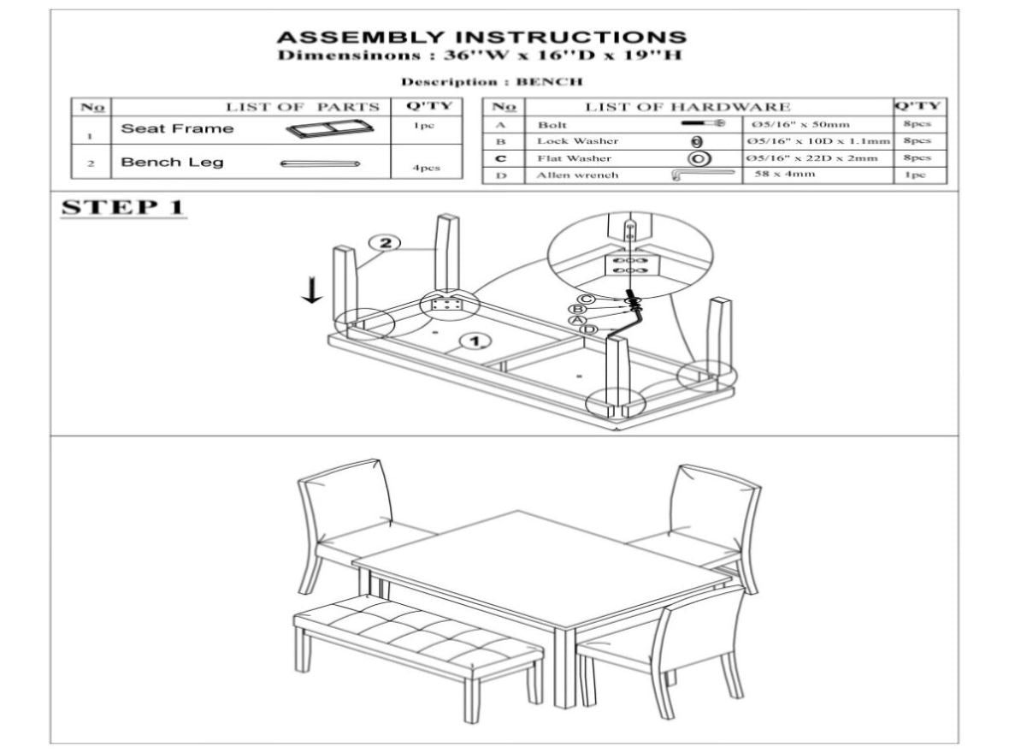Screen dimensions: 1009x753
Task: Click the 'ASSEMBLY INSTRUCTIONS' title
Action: click(x=481, y=38)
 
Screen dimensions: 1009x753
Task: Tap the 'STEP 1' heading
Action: click(x=123, y=207)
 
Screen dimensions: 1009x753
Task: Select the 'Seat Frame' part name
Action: click(x=177, y=128)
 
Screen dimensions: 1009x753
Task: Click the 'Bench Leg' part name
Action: click(x=172, y=163)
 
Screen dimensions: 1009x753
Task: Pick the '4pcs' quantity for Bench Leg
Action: click(x=426, y=168)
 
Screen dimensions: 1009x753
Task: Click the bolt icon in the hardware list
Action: click(x=703, y=122)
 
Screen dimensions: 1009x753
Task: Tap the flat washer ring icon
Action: click(x=699, y=158)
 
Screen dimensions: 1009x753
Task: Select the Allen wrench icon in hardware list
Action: click(x=703, y=175)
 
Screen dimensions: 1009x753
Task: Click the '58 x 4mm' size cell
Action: click(x=784, y=174)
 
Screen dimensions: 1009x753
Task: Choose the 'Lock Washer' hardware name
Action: click(x=577, y=141)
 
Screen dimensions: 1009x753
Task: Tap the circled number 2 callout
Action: click(x=385, y=243)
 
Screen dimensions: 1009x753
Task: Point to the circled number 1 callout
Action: click(x=475, y=341)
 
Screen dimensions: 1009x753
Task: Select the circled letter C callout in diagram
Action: click(x=586, y=299)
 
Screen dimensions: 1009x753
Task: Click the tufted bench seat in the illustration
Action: click(x=418, y=631)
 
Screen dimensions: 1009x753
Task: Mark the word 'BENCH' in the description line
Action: click(x=549, y=82)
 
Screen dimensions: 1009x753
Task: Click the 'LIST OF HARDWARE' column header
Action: click(x=687, y=107)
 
